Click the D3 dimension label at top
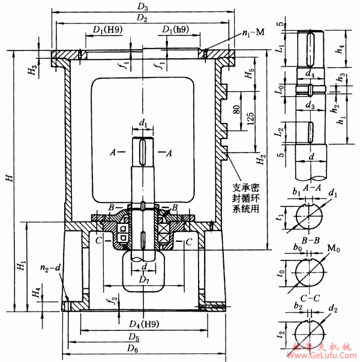(142, 7)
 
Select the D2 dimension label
(142, 18)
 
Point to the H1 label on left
(21, 264)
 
